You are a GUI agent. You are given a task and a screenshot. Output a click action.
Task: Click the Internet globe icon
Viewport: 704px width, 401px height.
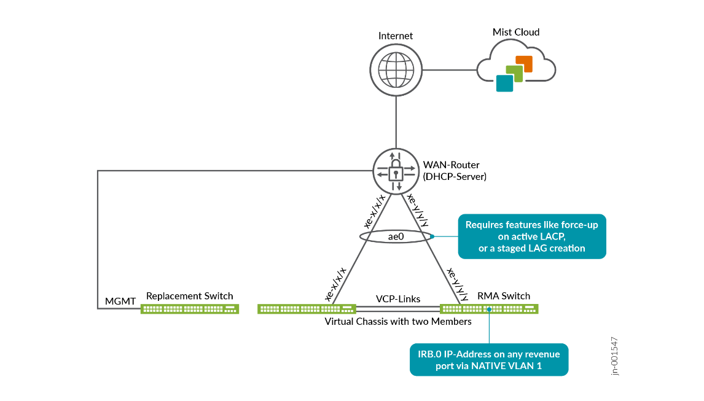click(396, 69)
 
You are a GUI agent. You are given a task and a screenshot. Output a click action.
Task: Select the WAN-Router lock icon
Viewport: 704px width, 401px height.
click(396, 173)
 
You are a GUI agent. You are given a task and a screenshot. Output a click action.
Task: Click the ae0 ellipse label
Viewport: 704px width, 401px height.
click(396, 236)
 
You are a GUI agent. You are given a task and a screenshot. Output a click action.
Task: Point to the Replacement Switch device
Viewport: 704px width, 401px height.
click(189, 309)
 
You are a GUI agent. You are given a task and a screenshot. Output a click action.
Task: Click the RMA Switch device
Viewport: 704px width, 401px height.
click(489, 309)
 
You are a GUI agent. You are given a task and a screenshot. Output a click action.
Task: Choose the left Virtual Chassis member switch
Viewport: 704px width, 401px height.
click(307, 309)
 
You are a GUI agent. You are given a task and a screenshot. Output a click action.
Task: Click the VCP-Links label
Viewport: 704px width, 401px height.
click(398, 299)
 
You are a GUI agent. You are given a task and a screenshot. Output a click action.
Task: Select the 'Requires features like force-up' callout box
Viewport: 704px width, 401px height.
click(531, 236)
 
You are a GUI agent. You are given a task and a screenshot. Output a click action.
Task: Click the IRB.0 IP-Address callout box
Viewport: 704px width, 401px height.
click(489, 359)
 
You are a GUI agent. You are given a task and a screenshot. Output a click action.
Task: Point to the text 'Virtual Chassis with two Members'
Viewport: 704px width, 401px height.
click(397, 321)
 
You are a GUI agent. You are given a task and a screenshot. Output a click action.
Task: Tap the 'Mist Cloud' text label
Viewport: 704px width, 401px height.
click(516, 32)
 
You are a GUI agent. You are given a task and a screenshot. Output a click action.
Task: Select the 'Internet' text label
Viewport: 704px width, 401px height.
click(396, 36)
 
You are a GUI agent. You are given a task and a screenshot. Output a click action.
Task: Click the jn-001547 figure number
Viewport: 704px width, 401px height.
click(616, 356)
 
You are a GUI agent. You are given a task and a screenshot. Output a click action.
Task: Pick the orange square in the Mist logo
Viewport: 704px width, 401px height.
click(524, 63)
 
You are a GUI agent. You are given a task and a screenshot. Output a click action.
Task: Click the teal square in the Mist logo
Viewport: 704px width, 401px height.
click(504, 83)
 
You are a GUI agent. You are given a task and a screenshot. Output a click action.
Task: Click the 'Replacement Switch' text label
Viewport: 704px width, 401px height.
click(189, 296)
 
